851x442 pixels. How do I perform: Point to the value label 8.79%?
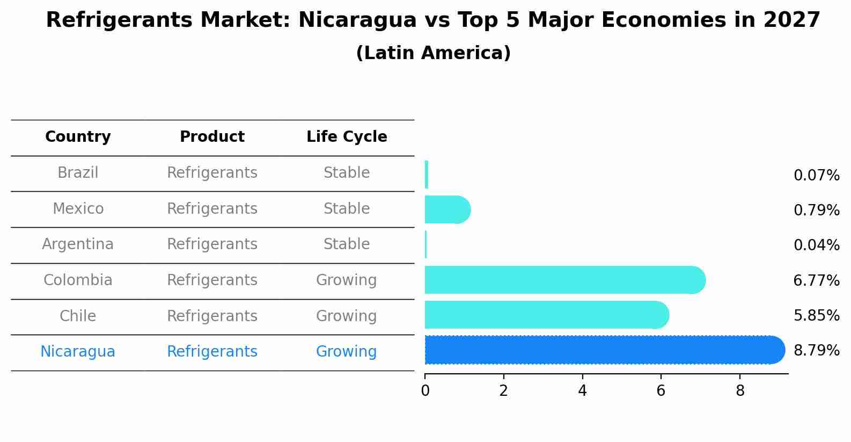(x=816, y=351)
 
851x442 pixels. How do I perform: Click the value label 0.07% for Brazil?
(x=816, y=176)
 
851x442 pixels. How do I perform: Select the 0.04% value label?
(x=816, y=245)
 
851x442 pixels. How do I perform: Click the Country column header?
(x=78, y=137)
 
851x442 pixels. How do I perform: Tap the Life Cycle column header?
(x=347, y=137)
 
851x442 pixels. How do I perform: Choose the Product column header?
(x=212, y=137)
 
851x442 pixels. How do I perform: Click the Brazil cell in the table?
(x=78, y=173)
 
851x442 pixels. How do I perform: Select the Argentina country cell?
(x=78, y=244)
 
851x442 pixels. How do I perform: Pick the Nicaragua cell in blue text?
(x=78, y=352)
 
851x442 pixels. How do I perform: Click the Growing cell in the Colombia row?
(x=346, y=280)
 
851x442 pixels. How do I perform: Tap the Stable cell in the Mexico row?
(x=346, y=209)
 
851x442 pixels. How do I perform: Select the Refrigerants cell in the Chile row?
(x=212, y=316)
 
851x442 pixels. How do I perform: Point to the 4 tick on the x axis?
(x=582, y=391)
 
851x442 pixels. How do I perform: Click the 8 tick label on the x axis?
(x=740, y=391)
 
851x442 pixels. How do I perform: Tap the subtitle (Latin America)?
(x=433, y=53)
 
